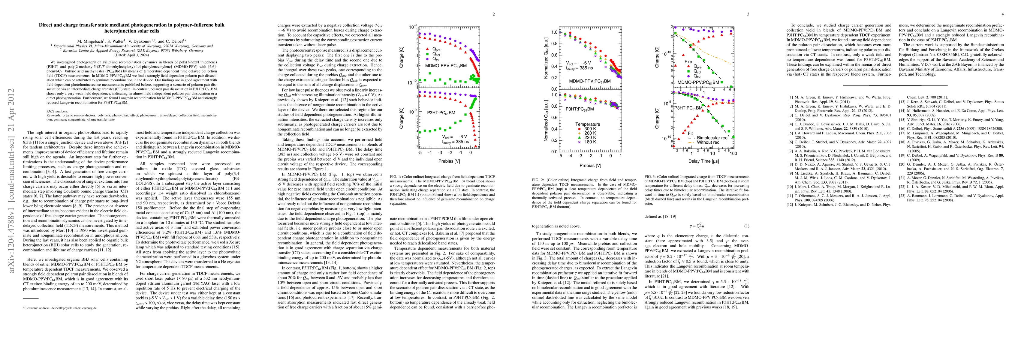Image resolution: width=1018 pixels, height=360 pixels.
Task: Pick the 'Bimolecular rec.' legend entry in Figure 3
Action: pyautogui.click(x=711, y=138)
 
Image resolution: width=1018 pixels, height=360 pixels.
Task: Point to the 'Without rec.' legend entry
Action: pyautogui.click(x=708, y=142)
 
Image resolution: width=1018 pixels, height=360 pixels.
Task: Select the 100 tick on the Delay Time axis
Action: pyautogui.click(x=733, y=153)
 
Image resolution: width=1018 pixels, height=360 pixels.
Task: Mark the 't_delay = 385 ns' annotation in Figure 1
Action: pyautogui.click(x=455, y=141)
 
